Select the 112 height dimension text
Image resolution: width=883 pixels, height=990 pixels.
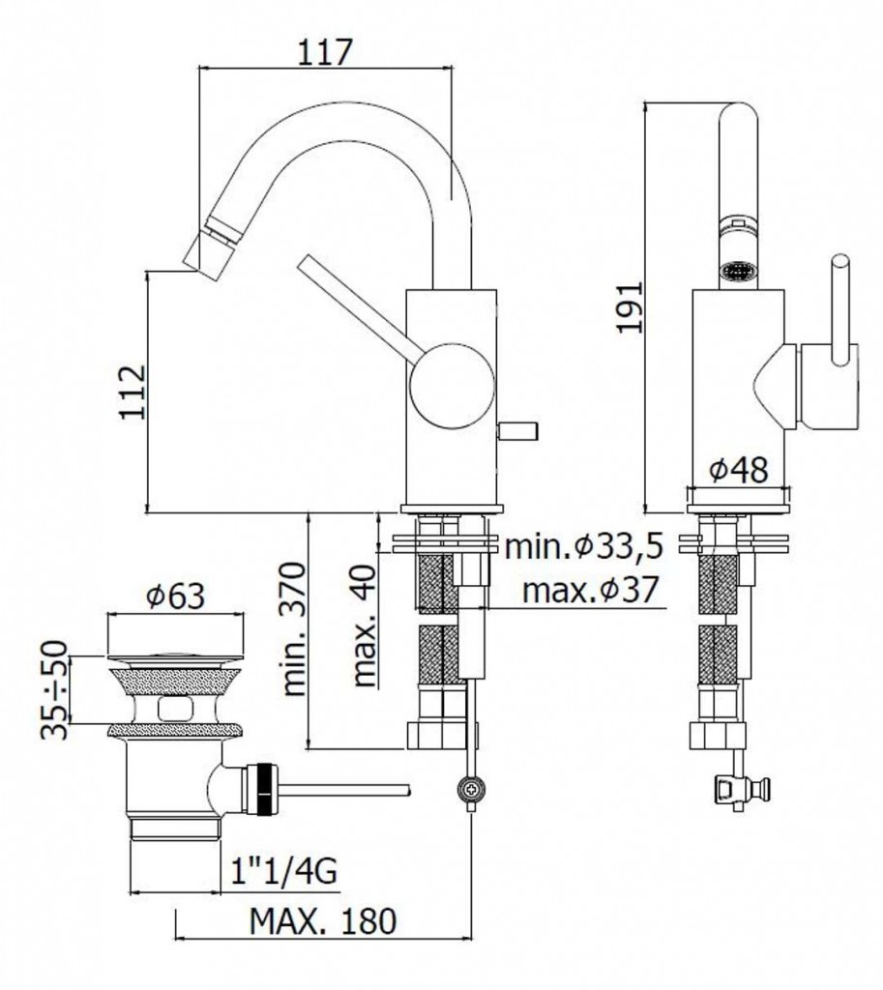pyautogui.click(x=132, y=392)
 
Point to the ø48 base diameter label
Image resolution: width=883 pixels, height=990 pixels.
pyautogui.click(x=738, y=469)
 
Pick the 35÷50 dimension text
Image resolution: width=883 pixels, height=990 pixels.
pyautogui.click(x=54, y=688)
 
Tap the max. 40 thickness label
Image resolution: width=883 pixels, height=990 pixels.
pyautogui.click(x=364, y=626)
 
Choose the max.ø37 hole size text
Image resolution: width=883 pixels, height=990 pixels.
pyautogui.click(x=591, y=590)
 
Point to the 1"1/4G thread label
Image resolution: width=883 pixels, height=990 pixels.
pyautogui.click(x=283, y=872)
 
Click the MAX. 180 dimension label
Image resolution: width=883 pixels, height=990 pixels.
pyautogui.click(x=323, y=921)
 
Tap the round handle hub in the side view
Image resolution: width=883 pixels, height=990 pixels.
pyautogui.click(x=451, y=385)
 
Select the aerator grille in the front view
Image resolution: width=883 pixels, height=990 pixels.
pyautogui.click(x=738, y=273)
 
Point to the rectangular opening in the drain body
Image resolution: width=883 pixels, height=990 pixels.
pyautogui.click(x=176, y=709)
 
